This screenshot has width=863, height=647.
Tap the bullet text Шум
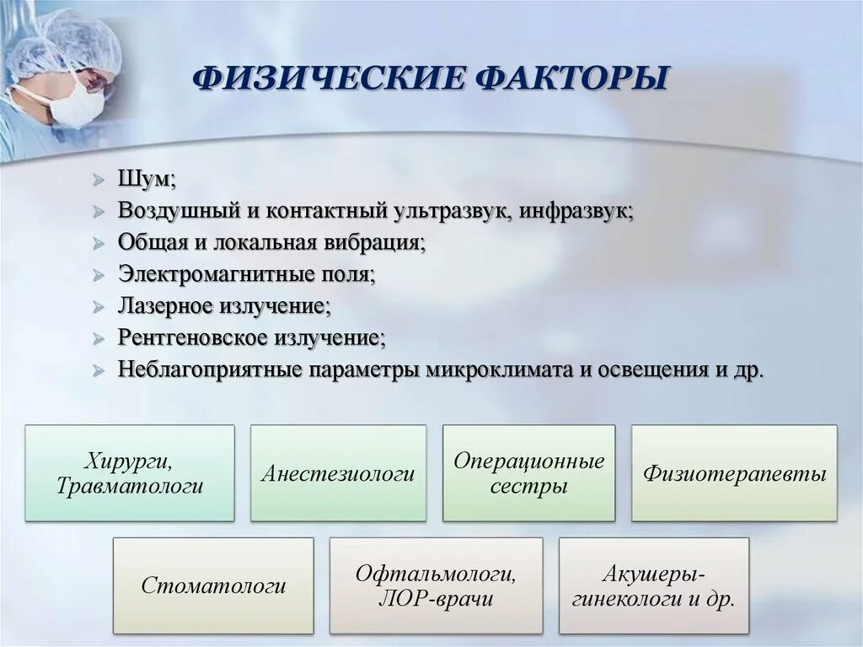click(x=147, y=179)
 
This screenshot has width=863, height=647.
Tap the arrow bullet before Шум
click(x=99, y=180)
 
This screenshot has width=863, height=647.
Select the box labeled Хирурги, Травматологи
click(x=130, y=473)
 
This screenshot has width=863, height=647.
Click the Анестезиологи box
click(x=338, y=473)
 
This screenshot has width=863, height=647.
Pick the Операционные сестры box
click(x=528, y=473)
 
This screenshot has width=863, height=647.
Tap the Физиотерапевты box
click(x=734, y=473)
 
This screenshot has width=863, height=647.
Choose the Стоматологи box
click(x=213, y=585)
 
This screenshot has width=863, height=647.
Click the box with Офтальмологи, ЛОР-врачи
click(x=436, y=585)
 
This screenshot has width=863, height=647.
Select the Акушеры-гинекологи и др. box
click(x=653, y=585)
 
